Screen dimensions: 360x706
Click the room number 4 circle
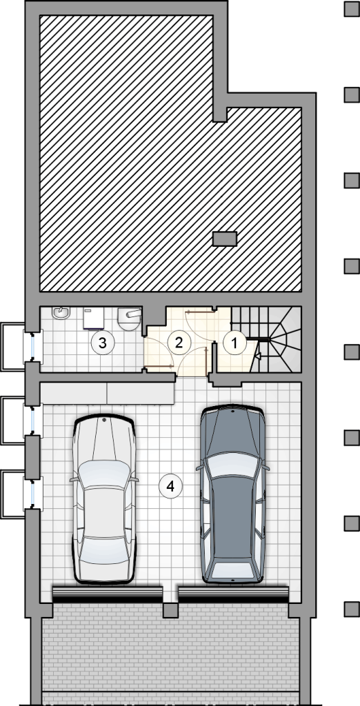tap(171, 486)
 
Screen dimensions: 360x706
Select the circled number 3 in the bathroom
tap(103, 343)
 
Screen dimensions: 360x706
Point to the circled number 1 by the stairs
tap(234, 343)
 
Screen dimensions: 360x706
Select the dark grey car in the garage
tap(232, 494)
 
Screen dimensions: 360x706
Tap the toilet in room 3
tap(130, 319)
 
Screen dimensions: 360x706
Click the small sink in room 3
tap(60, 312)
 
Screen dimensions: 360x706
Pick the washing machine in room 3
tap(94, 319)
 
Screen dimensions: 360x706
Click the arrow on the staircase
tap(258, 356)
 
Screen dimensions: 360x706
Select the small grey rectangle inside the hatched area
tap(224, 239)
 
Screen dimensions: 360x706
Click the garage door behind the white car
tap(107, 594)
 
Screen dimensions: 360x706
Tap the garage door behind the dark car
tap(233, 594)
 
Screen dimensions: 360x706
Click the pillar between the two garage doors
tap(170, 610)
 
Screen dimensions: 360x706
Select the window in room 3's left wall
tap(32, 347)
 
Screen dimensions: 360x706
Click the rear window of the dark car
tap(232, 570)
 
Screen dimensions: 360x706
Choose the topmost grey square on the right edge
tap(352, 9)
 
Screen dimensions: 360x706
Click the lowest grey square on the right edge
tap(352, 609)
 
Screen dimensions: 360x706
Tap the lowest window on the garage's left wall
tap(32, 494)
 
